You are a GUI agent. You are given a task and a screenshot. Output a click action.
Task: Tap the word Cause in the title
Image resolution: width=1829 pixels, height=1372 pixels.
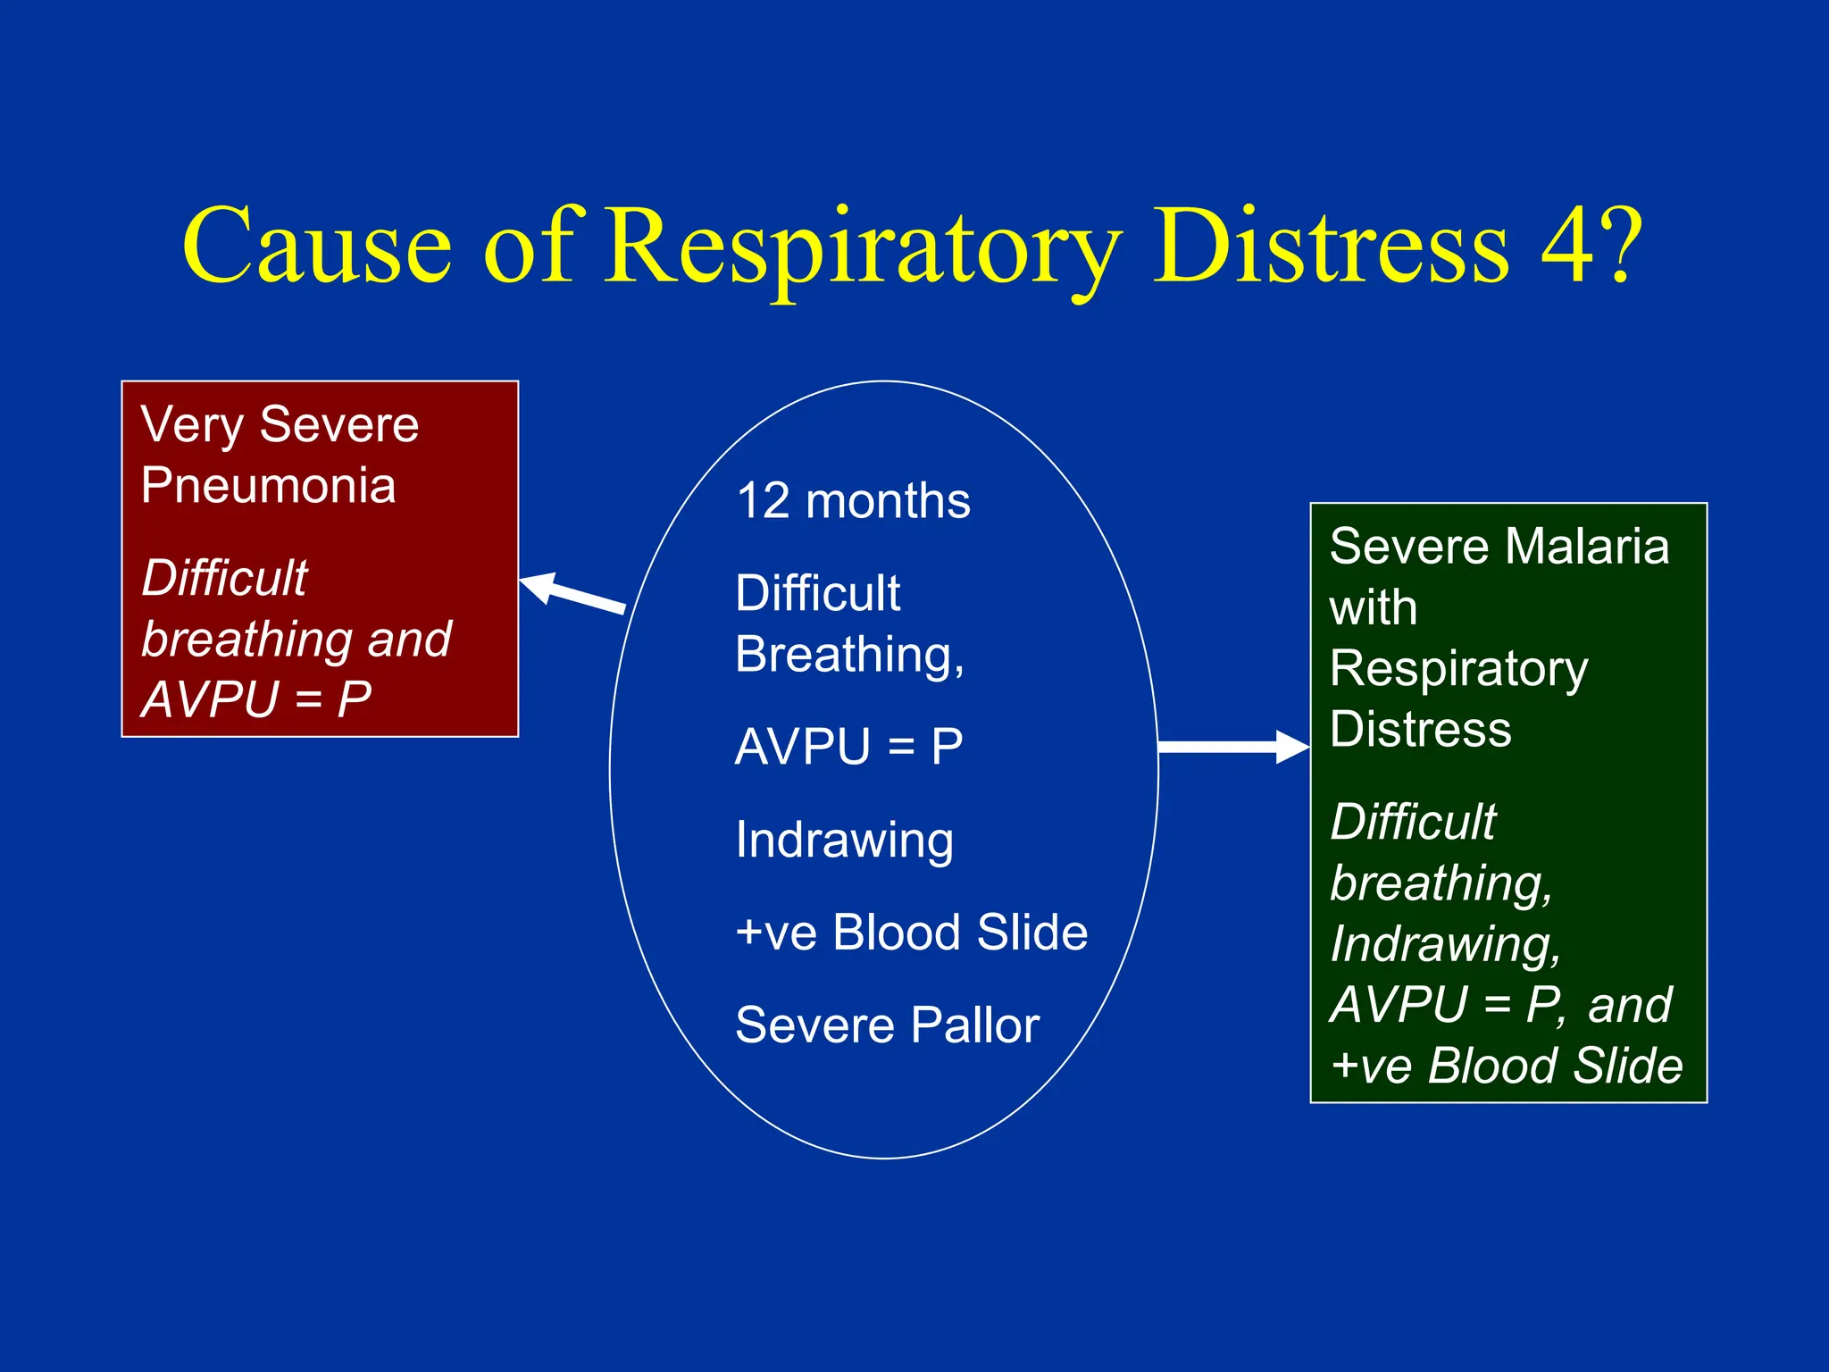317,246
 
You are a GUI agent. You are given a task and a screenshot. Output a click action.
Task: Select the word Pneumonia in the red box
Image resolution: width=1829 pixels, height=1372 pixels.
268,485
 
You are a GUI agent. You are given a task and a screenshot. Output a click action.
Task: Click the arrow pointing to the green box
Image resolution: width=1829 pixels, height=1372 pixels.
1232,747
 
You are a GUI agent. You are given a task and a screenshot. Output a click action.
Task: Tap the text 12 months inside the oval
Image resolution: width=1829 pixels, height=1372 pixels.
853,500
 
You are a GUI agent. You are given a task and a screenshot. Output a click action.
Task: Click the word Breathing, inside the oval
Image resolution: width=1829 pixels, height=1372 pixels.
849,655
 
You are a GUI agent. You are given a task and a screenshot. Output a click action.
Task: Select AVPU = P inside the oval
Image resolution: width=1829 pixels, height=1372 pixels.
848,747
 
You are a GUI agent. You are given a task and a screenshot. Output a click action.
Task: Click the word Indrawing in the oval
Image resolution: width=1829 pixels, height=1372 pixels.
845,840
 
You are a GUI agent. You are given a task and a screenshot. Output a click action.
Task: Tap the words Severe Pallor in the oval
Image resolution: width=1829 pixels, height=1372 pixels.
887,1025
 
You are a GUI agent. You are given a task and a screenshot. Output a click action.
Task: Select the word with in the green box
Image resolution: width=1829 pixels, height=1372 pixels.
1373,607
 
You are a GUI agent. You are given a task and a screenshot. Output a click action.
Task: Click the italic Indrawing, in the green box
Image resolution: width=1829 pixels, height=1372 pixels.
1445,944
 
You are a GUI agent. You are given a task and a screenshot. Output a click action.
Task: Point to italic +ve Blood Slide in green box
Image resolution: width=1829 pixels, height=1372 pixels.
1506,1066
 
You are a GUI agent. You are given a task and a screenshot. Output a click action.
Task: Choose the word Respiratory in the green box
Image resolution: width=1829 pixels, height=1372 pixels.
1458,669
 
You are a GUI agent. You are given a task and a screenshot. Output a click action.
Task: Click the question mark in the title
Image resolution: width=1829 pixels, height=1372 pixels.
1621,244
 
